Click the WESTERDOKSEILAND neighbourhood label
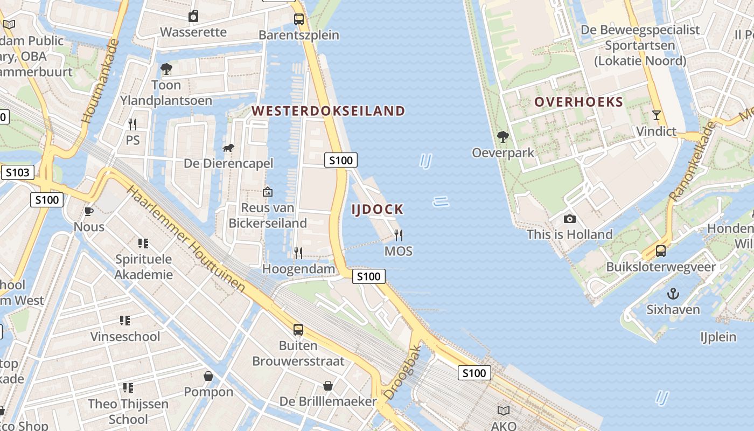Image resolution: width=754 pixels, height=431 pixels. click(329, 111)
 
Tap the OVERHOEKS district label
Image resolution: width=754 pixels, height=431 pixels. click(578, 102)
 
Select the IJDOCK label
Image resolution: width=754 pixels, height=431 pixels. click(378, 210)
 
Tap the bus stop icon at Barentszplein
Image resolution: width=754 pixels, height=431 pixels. click(299, 20)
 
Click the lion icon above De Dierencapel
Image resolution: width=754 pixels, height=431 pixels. click(228, 148)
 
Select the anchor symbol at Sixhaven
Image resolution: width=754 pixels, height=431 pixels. click(673, 294)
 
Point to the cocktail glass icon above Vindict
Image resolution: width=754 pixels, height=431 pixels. click(656, 115)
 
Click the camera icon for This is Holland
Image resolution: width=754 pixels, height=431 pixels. click(569, 219)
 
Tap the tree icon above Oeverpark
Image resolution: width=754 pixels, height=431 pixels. click(503, 137)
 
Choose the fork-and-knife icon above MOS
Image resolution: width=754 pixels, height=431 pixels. click(399, 235)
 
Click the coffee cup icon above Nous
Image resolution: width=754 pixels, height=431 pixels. click(89, 211)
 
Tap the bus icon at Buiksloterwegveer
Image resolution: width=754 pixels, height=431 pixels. click(660, 251)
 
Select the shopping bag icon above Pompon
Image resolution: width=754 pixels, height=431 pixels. click(208, 376)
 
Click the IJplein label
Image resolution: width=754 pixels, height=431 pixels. click(718, 337)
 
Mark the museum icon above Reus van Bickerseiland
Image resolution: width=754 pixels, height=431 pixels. click(267, 192)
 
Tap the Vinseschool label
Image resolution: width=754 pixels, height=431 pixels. click(125, 337)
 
